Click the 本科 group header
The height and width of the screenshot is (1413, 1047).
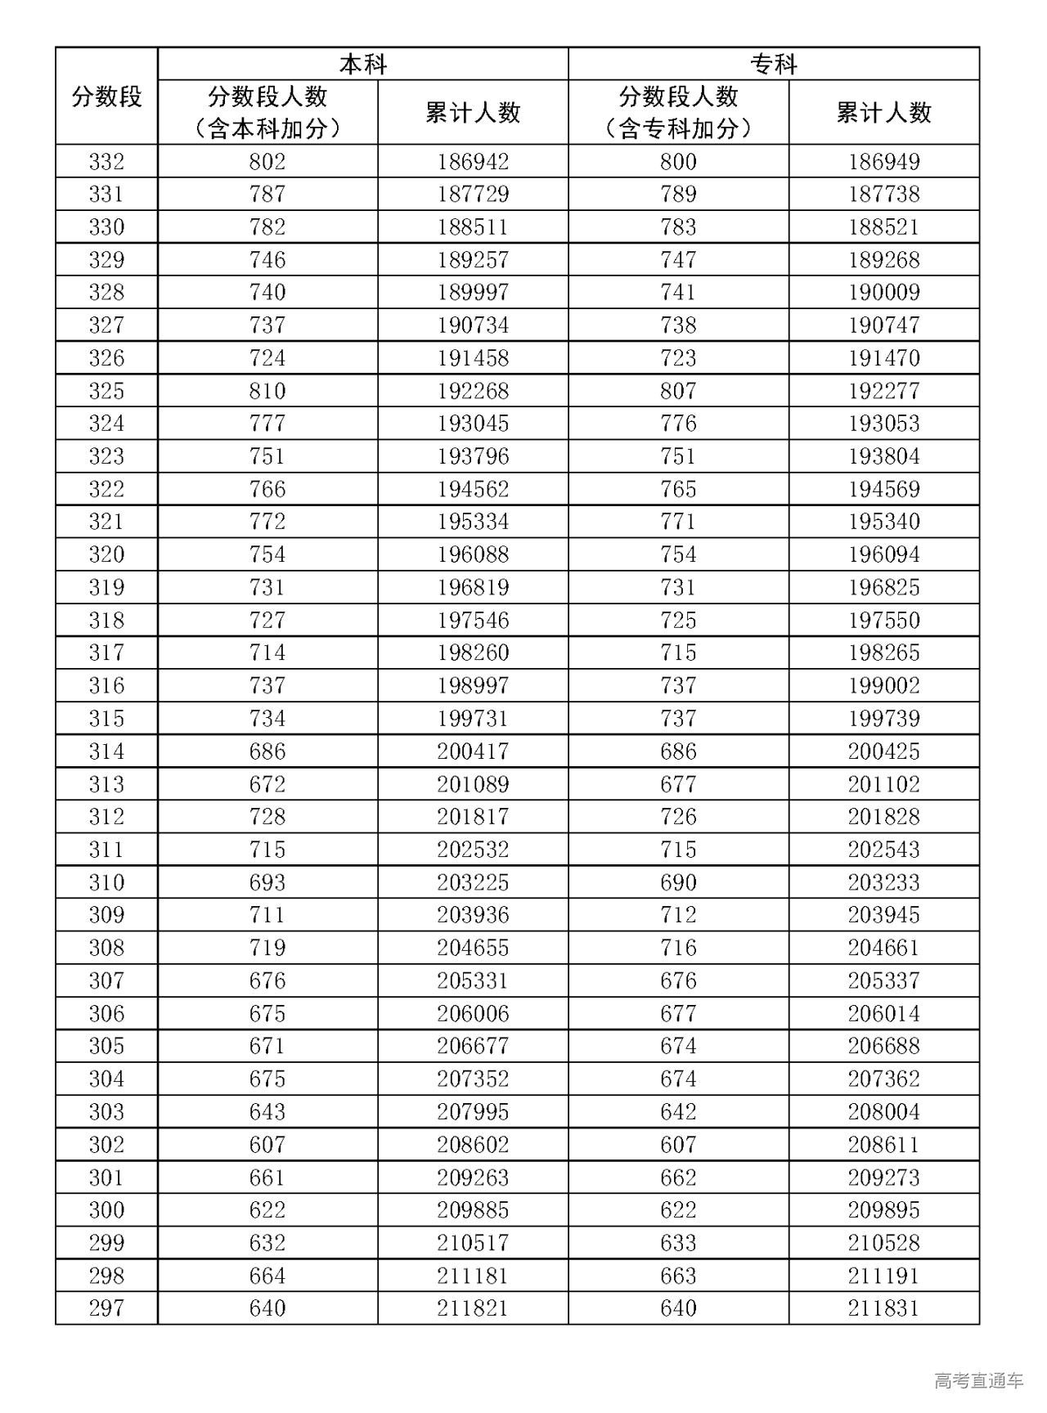tap(362, 65)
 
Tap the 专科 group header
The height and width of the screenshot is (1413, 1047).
tap(773, 65)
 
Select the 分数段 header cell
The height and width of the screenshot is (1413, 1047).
tap(106, 97)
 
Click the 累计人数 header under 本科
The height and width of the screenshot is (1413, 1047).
tap(473, 113)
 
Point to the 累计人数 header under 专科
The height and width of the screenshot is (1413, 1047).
tap(883, 113)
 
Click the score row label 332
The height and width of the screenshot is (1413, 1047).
tap(106, 162)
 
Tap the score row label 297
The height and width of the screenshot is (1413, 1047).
tap(106, 1308)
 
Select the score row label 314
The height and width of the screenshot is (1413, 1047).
tap(106, 751)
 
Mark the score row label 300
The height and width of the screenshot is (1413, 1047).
tap(106, 1210)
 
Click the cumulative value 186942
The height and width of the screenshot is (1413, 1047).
tap(473, 162)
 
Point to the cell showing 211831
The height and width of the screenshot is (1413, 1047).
tap(883, 1308)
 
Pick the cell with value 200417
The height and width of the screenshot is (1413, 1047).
tap(473, 751)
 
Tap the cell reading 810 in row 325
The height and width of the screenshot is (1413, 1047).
tap(267, 391)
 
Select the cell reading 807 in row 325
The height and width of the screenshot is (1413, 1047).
tap(678, 391)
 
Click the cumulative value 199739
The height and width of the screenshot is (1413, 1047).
tap(883, 719)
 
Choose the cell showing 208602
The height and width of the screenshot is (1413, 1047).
tap(473, 1145)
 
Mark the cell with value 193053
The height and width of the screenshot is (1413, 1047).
tap(883, 424)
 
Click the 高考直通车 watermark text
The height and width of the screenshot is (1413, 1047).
tap(978, 1381)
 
